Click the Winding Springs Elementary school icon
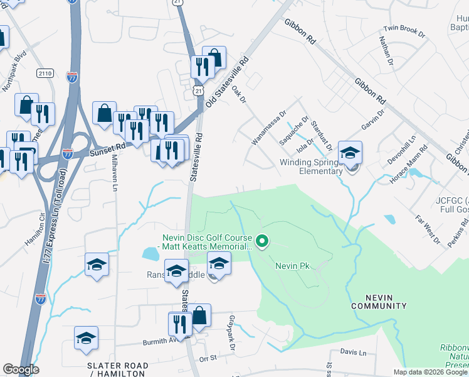coord(350,153)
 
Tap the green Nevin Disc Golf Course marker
coord(263,240)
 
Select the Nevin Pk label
coord(293,266)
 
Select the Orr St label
coord(207,359)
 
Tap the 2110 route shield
coord(45,74)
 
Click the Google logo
coord(21,369)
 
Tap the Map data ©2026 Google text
coord(430,372)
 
